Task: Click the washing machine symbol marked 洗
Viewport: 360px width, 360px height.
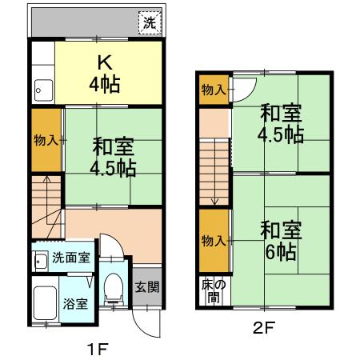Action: tap(150, 23)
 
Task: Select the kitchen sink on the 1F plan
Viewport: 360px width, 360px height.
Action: tap(43, 89)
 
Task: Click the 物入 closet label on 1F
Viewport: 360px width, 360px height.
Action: tap(46, 141)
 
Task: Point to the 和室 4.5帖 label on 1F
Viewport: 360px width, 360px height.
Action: tap(113, 158)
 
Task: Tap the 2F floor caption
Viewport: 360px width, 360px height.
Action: tap(264, 327)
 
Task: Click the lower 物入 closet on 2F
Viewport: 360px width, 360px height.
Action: tap(212, 240)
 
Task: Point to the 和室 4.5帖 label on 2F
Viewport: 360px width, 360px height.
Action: tap(280, 124)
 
